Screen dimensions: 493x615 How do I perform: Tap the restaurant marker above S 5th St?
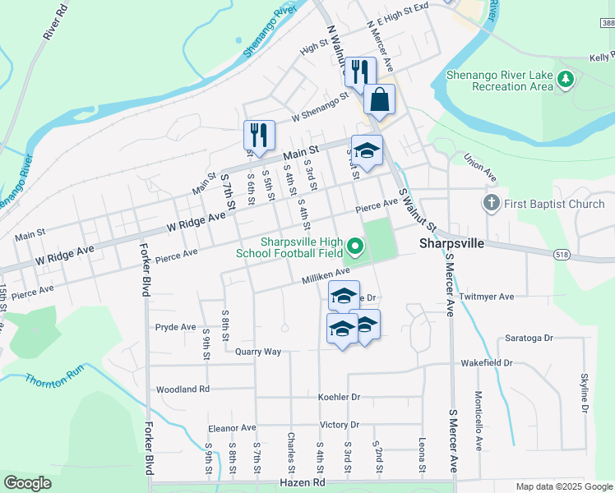[x=259, y=136]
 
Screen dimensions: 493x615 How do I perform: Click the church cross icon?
[x=491, y=203]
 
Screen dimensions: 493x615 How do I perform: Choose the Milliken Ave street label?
[x=327, y=274]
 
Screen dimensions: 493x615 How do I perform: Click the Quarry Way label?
[x=258, y=352]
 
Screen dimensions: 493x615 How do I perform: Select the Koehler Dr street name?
[x=339, y=397]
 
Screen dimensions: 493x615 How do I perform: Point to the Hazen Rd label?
[x=303, y=482]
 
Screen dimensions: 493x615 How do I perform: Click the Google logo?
[x=29, y=483]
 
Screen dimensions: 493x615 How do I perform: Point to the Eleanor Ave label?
[x=232, y=428]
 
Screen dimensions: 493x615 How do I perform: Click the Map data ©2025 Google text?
[x=563, y=486]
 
